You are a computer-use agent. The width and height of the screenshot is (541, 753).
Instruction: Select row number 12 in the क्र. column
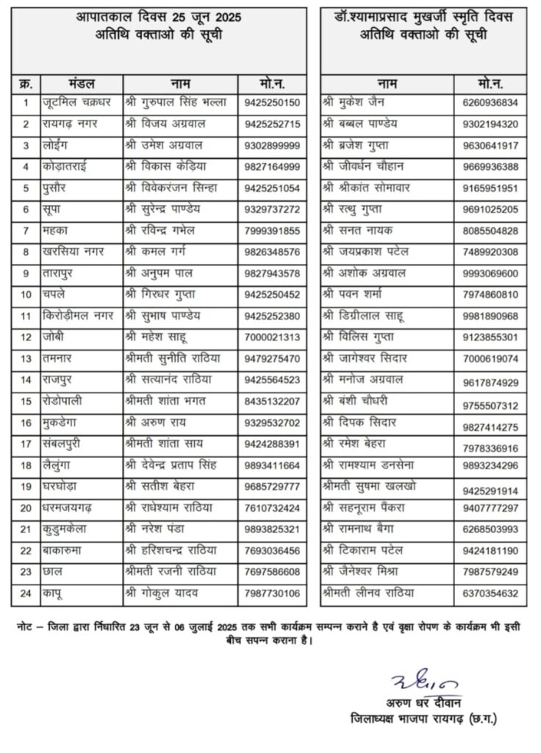click(26, 338)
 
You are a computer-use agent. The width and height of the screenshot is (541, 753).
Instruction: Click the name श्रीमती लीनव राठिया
click(368, 593)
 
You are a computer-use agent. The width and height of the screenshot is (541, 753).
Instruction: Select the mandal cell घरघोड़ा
click(65, 487)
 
